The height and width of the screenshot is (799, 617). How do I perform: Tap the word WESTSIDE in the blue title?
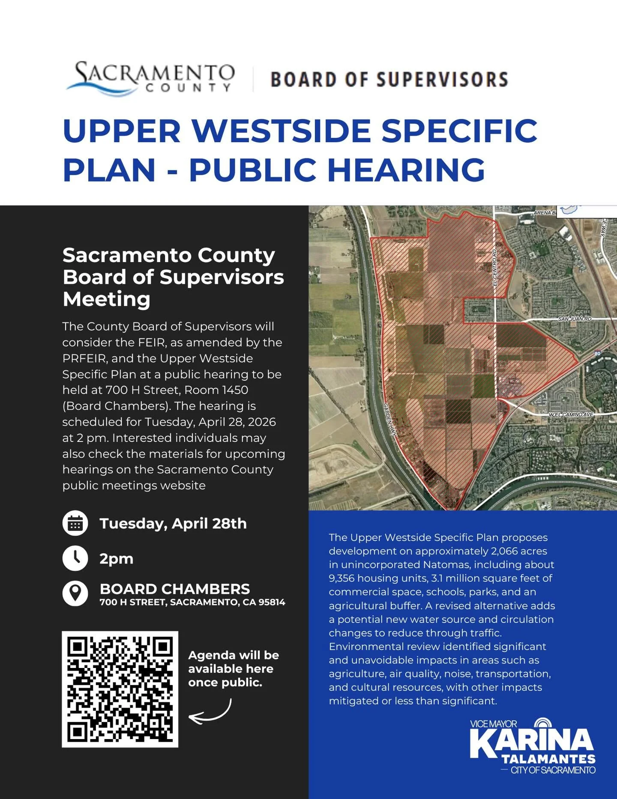pos(281,131)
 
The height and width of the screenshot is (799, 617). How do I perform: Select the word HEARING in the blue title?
pos(406,170)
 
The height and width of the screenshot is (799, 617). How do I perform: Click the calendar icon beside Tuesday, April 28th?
pos(75,524)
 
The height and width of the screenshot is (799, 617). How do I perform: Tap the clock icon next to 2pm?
pos(75,558)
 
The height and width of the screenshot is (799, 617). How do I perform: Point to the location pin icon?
pos(75,593)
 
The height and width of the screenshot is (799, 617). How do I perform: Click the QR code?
pos(120,689)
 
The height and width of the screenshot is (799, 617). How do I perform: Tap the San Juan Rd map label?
pos(575,319)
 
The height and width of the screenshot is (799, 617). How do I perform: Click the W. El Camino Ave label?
pos(571,414)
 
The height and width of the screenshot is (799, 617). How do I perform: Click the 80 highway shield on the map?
pos(598,353)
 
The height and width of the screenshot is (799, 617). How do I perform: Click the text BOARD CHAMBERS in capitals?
pos(175,589)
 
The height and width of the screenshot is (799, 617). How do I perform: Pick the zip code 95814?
pos(272,602)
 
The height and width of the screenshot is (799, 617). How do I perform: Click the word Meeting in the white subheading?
pos(107,299)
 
